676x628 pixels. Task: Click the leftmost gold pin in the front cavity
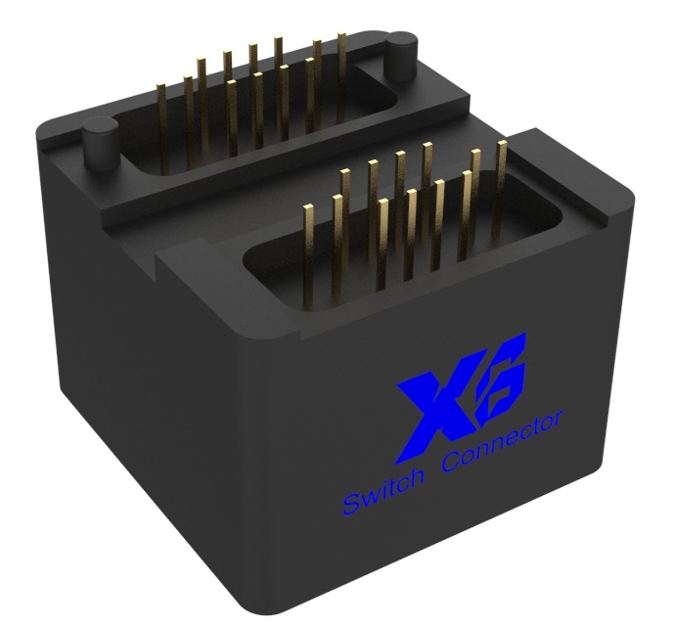point(308,249)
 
